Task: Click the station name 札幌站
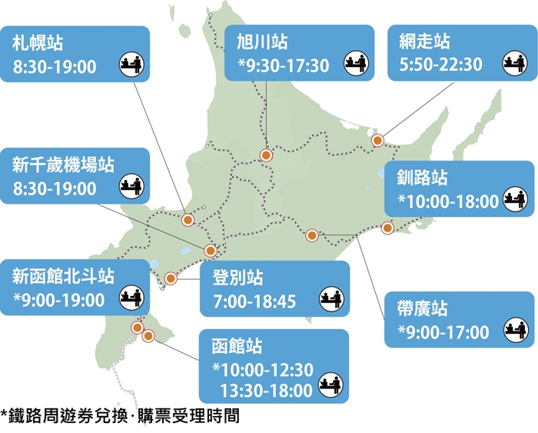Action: pos(37,43)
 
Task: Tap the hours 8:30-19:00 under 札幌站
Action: pos(55,67)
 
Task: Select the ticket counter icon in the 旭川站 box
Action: pos(353,62)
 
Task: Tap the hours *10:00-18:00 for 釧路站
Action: pos(448,202)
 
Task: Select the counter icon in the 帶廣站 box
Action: pos(516,331)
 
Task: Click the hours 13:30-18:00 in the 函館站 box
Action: pos(266,390)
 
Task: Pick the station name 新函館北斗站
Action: pos(63,275)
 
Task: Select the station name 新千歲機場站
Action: pos(63,164)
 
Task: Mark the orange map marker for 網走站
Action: pos(377,140)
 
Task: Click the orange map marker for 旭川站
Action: pos(266,155)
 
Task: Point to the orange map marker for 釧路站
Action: pos(387,227)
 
